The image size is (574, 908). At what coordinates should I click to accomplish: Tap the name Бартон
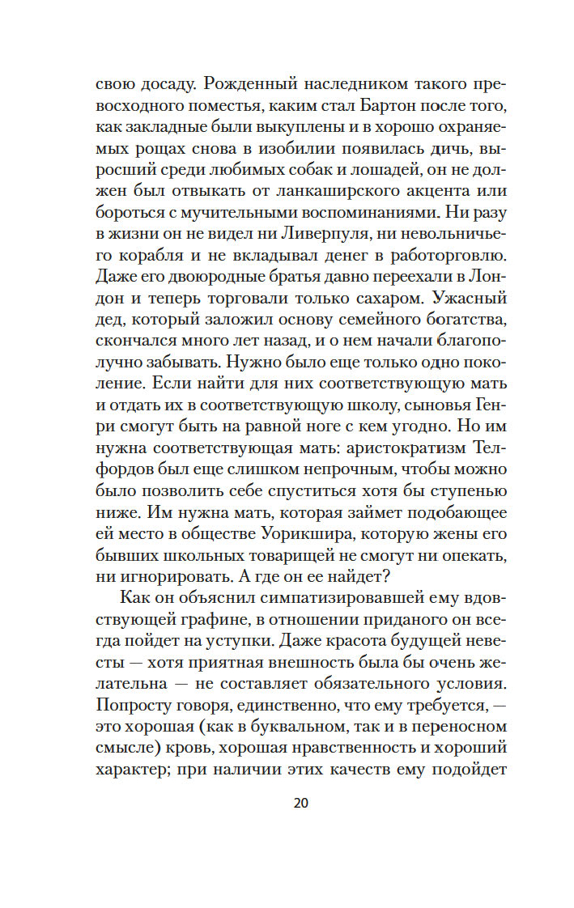click(x=356, y=106)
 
